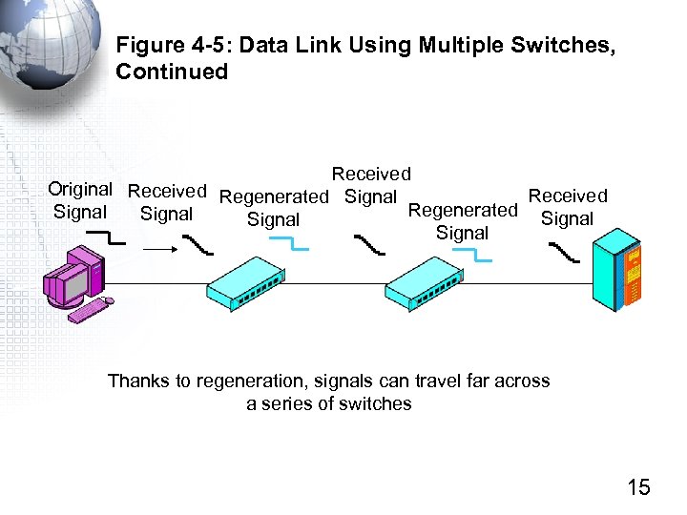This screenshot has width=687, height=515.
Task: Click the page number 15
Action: coord(638,487)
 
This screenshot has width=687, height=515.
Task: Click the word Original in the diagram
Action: coord(80,189)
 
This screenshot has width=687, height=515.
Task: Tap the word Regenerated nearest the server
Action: coord(463,210)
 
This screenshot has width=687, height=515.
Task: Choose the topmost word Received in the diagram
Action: coord(371,174)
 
